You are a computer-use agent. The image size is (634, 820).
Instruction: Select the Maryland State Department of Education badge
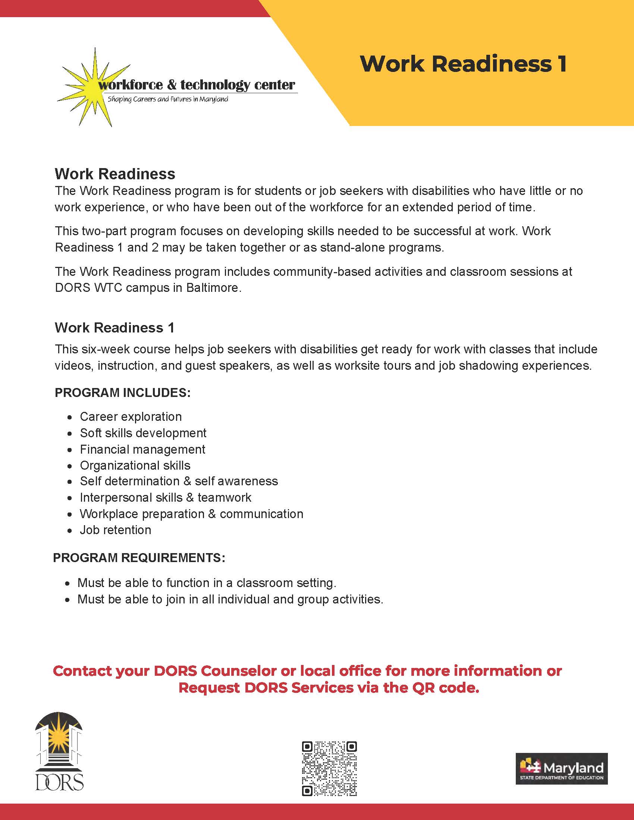click(561, 768)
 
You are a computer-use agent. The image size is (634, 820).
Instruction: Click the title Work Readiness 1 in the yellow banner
click(463, 64)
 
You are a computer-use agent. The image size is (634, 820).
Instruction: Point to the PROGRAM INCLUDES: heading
click(123, 393)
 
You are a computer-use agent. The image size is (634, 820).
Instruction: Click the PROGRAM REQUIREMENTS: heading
click(139, 558)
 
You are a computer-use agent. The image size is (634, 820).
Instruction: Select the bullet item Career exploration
click(131, 417)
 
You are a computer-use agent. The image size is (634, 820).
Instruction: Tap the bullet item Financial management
click(142, 450)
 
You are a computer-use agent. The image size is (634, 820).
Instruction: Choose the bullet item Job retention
click(115, 530)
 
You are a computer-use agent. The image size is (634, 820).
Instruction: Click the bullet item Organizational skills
click(135, 466)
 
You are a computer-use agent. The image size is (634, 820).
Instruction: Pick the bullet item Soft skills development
click(143, 433)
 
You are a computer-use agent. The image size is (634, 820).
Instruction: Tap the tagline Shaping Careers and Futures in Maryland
click(168, 100)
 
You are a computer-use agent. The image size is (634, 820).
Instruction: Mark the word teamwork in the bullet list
click(224, 498)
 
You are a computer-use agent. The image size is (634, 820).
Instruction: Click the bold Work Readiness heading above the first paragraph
click(115, 174)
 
